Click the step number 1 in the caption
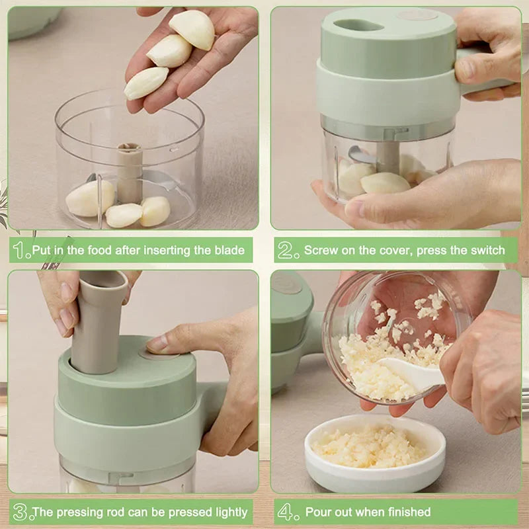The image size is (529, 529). click(20, 250)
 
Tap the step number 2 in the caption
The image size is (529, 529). click(285, 250)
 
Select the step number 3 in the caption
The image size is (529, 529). click(20, 512)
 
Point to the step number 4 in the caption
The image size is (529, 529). click(285, 512)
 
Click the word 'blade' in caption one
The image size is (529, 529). click(229, 251)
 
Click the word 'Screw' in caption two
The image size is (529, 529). click(321, 251)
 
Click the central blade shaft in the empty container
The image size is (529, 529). click(130, 172)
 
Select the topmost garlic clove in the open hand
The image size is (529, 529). click(192, 29)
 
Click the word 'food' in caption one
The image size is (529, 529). click(99, 251)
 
